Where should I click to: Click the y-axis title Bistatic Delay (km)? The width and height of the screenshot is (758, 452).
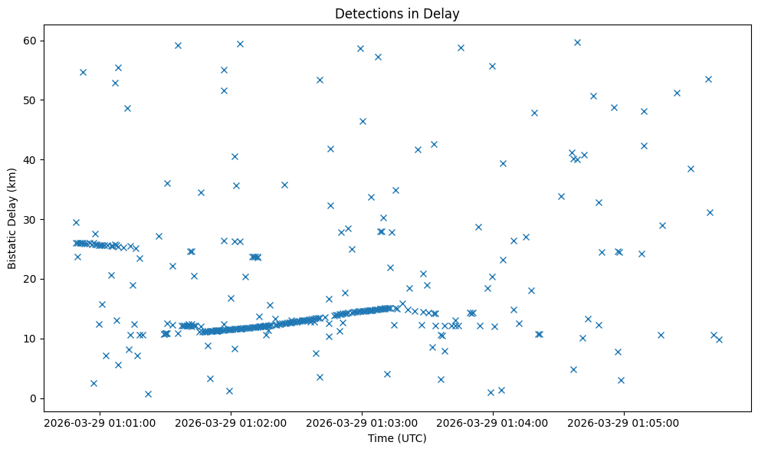[12, 218]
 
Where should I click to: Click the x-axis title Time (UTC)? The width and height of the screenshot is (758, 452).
[397, 438]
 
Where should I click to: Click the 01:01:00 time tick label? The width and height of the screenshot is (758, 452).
[100, 423]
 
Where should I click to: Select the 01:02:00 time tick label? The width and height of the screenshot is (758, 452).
[231, 423]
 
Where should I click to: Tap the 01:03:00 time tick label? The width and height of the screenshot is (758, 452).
[362, 423]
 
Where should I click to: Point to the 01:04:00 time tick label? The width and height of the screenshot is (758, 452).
[493, 423]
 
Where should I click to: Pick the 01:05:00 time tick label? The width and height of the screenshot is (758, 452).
[624, 423]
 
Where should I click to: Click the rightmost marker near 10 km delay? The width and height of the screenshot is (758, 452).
[719, 339]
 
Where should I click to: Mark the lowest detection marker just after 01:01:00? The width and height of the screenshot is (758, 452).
[148, 394]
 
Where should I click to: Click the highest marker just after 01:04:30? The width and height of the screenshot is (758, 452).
[577, 42]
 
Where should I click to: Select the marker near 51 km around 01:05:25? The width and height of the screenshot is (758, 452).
[677, 93]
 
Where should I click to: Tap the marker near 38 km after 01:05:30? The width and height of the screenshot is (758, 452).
[691, 169]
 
